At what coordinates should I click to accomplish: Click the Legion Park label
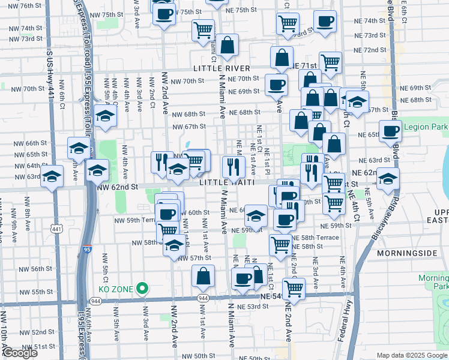tap(426, 127)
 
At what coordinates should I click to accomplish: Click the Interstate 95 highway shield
tap(88, 247)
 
